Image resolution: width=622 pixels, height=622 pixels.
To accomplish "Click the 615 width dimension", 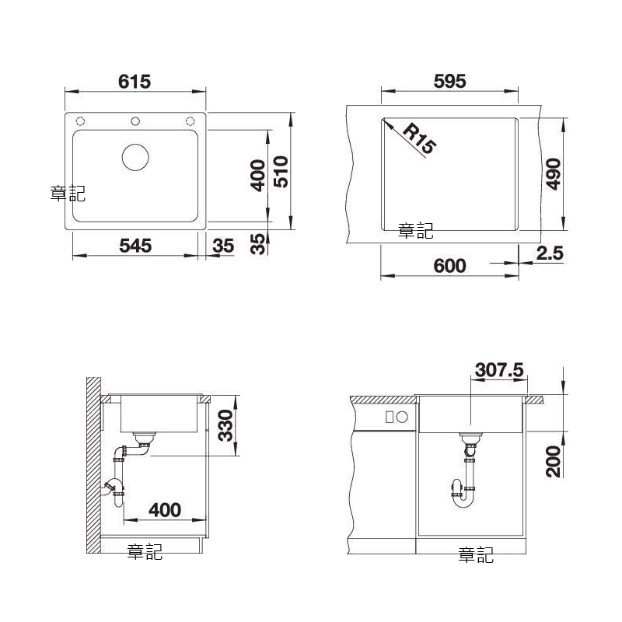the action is click(135, 82).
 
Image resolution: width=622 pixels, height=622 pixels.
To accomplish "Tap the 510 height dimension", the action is click(281, 171).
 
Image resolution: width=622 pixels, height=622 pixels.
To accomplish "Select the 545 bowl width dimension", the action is click(135, 246).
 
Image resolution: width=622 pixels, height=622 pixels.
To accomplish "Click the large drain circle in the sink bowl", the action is click(135, 158).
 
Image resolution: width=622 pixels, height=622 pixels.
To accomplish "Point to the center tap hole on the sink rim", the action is click(135, 121).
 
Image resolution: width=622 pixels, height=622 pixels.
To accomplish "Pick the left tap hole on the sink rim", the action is click(81, 121).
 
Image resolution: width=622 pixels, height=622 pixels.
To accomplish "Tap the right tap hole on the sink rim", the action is click(190, 121).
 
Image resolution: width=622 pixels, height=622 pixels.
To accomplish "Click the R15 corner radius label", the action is click(420, 138).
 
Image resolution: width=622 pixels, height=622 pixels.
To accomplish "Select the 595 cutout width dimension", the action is click(450, 82).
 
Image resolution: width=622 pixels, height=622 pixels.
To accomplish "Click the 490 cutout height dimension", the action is click(554, 174).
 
